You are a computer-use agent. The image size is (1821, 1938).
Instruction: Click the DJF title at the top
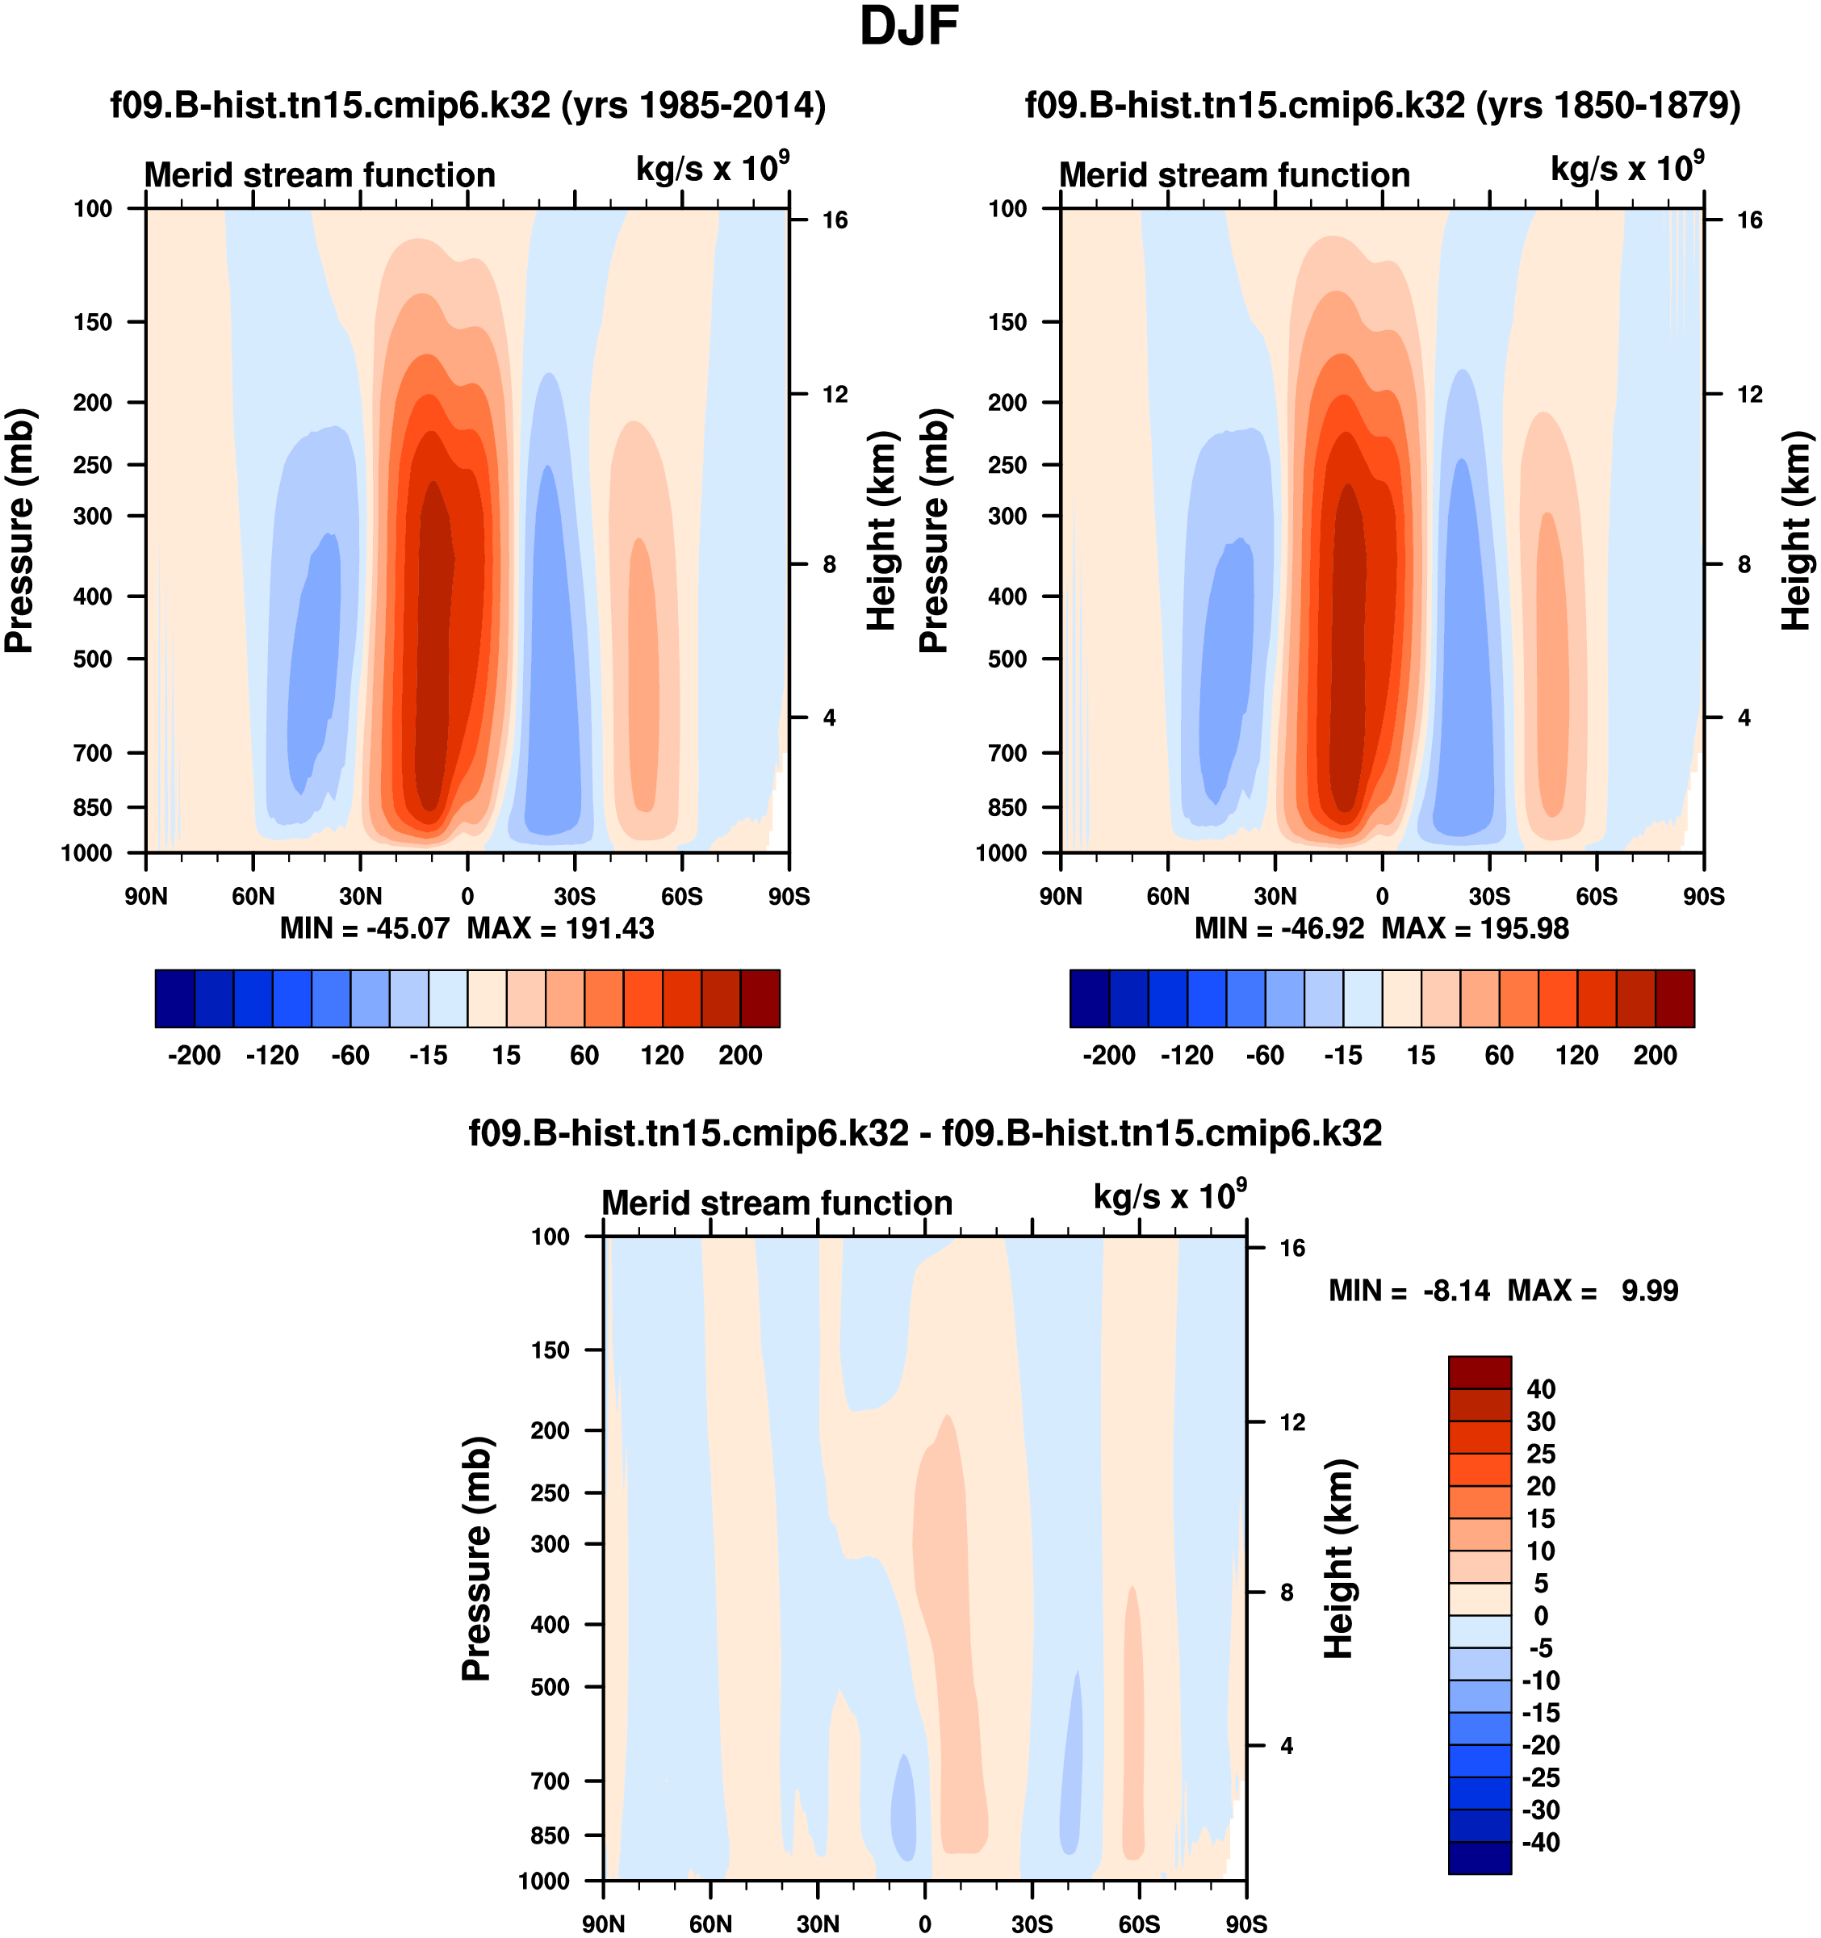(x=909, y=27)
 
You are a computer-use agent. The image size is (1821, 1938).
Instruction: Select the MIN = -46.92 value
(x=1279, y=929)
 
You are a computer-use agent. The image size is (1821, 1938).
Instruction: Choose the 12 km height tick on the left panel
(x=835, y=395)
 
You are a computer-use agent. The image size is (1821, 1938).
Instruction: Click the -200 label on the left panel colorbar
(x=194, y=1056)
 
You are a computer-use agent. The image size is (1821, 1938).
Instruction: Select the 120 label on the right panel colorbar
(x=1576, y=1056)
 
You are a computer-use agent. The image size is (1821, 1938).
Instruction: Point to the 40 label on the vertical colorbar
(x=1541, y=1389)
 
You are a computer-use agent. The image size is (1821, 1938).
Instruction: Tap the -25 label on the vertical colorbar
(x=1541, y=1777)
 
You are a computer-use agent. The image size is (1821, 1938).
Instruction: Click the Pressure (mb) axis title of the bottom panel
(x=475, y=1558)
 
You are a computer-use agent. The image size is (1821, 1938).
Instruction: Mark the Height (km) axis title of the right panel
(x=1796, y=531)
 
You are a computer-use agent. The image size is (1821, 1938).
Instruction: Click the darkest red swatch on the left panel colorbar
(x=760, y=998)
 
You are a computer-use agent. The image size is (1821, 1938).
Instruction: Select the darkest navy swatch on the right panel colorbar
(x=1089, y=998)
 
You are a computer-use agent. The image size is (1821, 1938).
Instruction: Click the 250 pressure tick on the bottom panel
(x=550, y=1493)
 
